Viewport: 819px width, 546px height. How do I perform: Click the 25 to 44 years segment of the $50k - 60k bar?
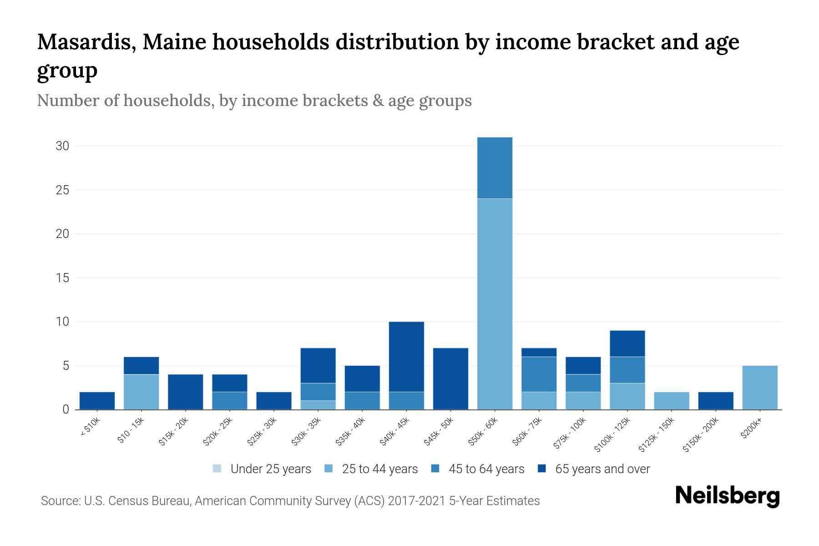(495, 303)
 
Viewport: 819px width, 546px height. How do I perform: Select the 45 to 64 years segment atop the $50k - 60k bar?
(495, 167)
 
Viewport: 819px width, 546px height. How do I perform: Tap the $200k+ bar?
(760, 387)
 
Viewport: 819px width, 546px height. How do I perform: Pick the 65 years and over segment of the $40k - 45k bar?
(406, 356)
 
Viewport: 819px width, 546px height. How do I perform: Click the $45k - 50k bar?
(450, 379)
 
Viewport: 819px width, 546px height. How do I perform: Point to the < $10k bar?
(97, 400)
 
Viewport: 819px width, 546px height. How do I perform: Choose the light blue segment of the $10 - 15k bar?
(141, 392)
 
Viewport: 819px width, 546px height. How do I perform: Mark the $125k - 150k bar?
(671, 400)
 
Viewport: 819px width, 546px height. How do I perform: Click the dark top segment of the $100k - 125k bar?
(627, 343)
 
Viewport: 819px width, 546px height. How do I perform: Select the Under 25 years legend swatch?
(217, 469)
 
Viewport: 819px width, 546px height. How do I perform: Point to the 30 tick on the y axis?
(62, 146)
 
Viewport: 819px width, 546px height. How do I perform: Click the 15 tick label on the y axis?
(62, 278)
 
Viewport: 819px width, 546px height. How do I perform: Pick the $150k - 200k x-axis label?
(701, 435)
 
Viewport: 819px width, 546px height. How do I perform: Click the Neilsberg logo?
(727, 496)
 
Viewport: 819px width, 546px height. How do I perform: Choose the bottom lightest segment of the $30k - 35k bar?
(318, 405)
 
